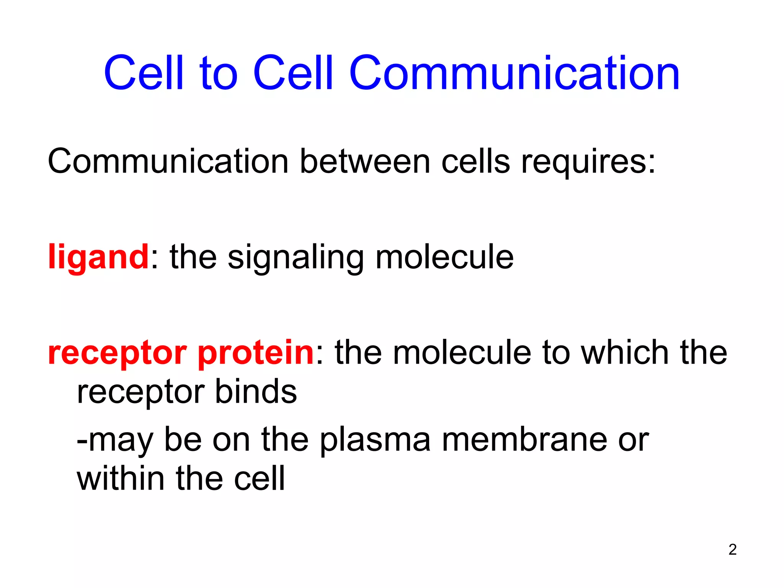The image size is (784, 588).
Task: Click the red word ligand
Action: (x=98, y=257)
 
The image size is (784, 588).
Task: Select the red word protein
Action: (x=256, y=353)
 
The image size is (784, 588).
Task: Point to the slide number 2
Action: (x=732, y=549)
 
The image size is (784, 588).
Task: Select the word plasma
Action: (x=375, y=440)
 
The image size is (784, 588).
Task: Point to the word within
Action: (x=121, y=479)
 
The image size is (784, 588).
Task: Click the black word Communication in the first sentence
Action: (x=168, y=162)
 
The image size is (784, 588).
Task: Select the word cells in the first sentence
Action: (x=475, y=162)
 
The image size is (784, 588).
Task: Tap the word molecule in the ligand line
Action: (x=444, y=257)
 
